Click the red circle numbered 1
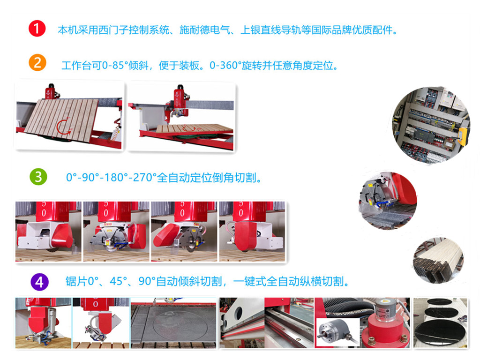tap(37, 29)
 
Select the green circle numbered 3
tap(38, 177)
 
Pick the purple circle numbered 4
tap(39, 282)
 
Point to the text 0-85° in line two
tap(115, 65)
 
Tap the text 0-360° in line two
tap(225, 65)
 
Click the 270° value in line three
tap(144, 178)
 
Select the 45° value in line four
tap(118, 281)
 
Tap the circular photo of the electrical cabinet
tap(431, 125)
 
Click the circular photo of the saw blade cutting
tap(388, 201)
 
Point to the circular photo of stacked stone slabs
tap(438, 261)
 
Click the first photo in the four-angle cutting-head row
tap(48, 232)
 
